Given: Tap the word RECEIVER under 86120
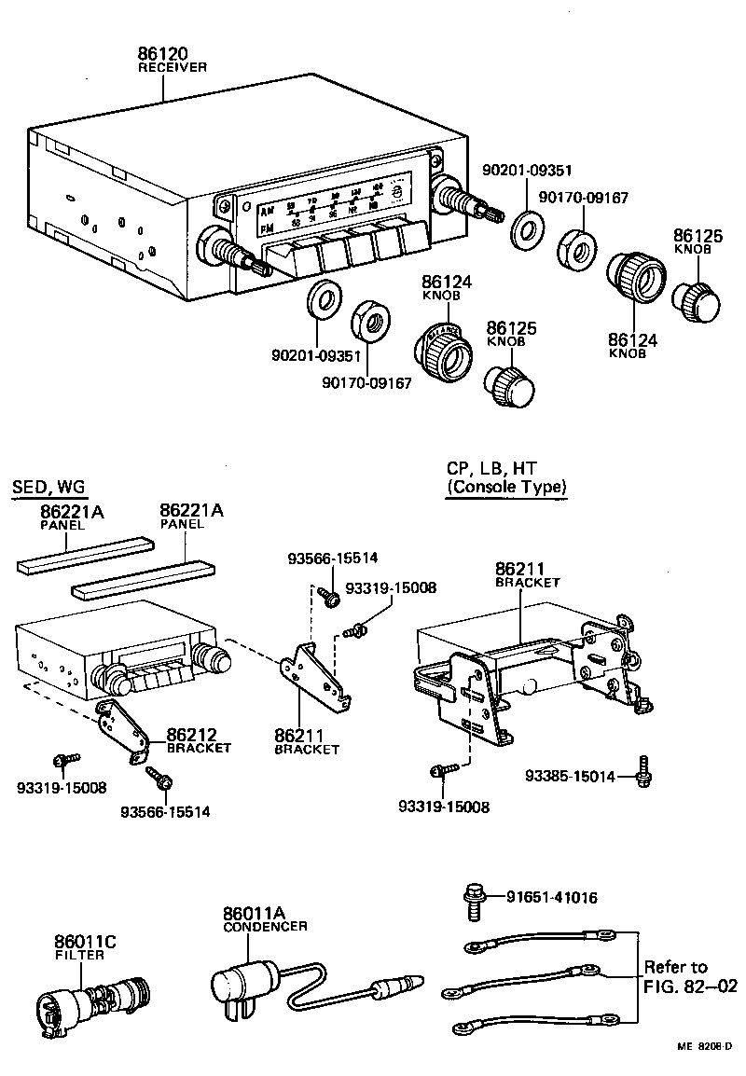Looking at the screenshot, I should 172,68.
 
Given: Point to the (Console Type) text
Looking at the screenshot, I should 506,487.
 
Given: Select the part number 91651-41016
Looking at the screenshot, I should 551,898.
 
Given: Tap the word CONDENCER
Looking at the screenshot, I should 265,926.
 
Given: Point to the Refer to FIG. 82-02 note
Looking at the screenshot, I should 689,975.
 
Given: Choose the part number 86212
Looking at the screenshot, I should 190,736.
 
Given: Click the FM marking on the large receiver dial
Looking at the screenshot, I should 269,227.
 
